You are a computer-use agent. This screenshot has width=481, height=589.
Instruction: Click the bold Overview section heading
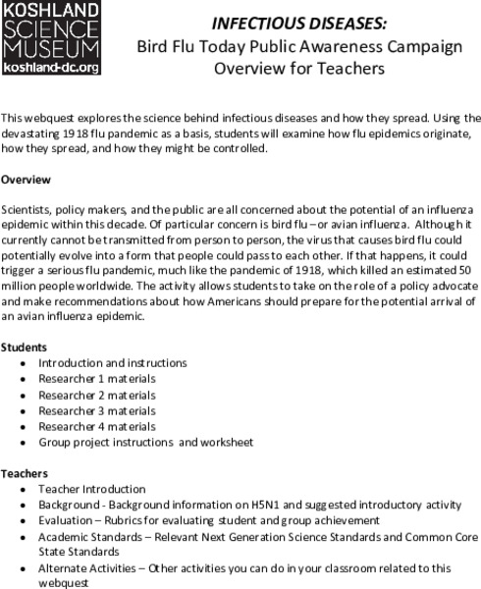27,180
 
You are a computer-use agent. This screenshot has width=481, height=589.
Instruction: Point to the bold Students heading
25,348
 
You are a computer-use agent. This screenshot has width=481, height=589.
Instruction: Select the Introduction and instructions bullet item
105,363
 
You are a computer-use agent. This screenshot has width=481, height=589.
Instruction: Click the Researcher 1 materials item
96,379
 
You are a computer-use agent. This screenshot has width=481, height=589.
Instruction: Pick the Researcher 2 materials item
96,395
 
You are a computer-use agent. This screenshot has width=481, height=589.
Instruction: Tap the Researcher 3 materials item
96,410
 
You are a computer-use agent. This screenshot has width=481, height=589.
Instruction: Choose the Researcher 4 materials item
96,426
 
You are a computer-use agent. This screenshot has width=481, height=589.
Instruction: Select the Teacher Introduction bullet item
91,488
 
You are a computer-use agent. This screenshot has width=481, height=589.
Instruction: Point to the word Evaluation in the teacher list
66,519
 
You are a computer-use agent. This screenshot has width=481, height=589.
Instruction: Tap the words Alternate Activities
83,567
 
